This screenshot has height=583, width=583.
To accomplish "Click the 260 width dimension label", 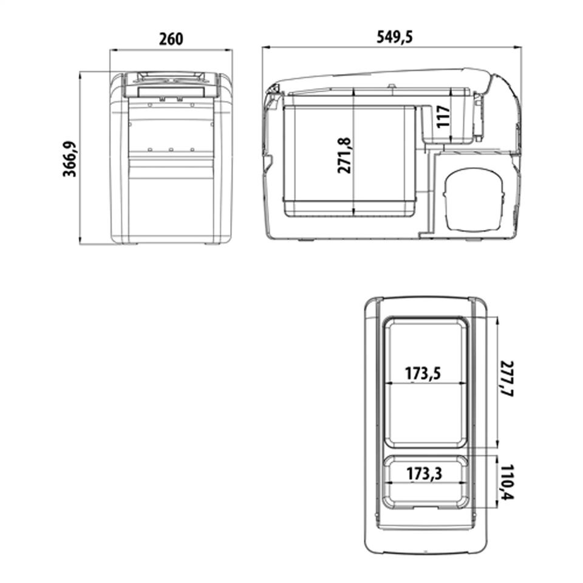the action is tap(171, 39).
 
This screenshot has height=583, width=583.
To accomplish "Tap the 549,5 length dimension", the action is tap(395, 37).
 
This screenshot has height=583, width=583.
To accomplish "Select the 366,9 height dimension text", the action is tap(69, 159).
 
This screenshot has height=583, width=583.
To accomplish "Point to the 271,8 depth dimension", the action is tap(344, 155).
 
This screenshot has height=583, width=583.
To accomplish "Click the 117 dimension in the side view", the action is tap(443, 117).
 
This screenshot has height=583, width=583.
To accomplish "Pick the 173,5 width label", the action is tap(423, 373).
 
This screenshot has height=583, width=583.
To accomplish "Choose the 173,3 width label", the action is tap(424, 474).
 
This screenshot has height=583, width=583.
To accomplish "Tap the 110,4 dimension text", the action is tap(506, 482).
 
